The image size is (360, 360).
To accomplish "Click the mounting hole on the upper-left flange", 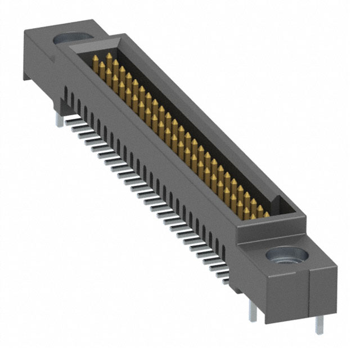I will [72, 40].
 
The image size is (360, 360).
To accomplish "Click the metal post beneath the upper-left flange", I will [59, 119].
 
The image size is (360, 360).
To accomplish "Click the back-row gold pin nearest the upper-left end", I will [109, 57].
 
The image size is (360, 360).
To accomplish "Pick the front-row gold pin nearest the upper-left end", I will [96, 64].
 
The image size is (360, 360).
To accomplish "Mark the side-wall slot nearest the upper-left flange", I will [68, 93].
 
